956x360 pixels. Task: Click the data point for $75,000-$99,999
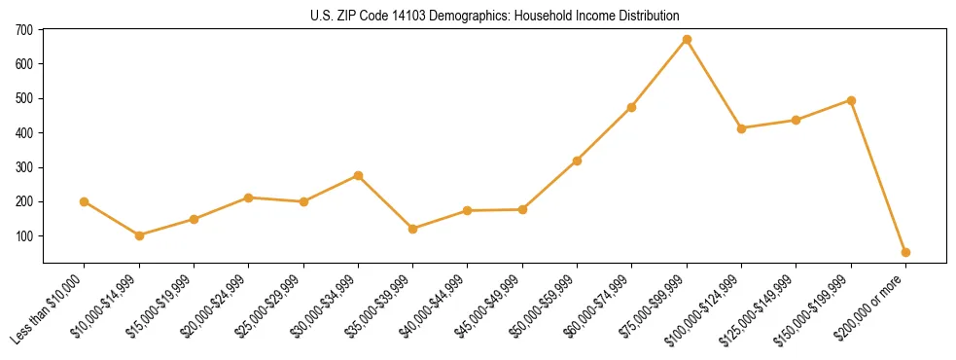point(687,39)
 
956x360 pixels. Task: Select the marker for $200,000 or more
point(905,252)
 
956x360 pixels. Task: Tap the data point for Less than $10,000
point(85,201)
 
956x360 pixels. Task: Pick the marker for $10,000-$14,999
point(139,235)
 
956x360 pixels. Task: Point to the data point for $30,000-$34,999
point(358,175)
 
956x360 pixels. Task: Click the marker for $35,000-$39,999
point(413,229)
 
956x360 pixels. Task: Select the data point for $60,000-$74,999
point(632,107)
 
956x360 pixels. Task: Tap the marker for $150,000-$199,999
point(851,100)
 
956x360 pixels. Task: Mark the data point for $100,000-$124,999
point(741,128)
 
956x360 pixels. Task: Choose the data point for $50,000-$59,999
point(578,161)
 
